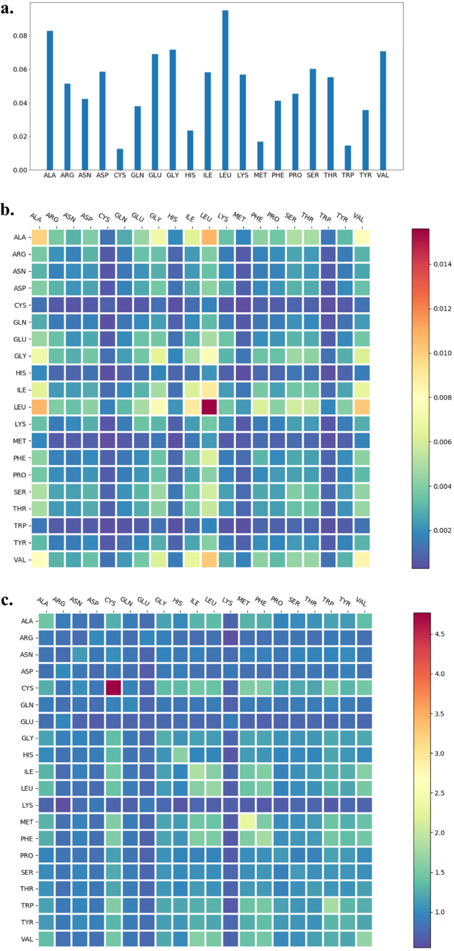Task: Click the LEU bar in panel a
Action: [x=225, y=90]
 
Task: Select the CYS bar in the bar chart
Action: [x=120, y=160]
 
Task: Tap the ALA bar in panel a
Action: [x=50, y=99]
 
